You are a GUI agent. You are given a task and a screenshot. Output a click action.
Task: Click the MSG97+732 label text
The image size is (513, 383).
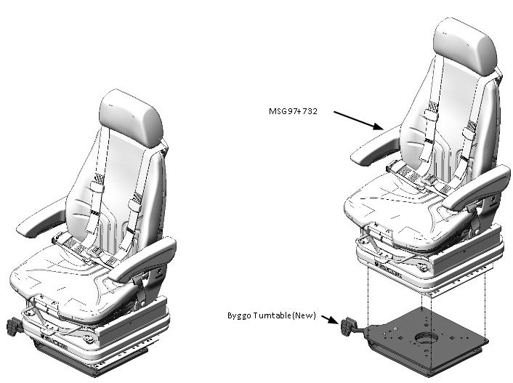(x=293, y=111)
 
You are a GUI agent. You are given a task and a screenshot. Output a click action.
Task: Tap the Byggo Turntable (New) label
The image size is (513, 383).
(x=272, y=315)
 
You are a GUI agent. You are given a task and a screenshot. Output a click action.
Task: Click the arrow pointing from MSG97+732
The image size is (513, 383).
(x=358, y=121)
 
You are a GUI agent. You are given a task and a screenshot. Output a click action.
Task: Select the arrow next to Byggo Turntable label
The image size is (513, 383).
(x=330, y=319)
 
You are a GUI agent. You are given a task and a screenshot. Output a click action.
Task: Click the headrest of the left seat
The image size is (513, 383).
(x=132, y=118)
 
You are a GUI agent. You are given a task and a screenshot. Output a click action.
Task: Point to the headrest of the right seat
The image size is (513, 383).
(x=465, y=47)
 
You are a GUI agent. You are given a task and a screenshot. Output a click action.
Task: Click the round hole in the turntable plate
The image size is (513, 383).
(x=425, y=337)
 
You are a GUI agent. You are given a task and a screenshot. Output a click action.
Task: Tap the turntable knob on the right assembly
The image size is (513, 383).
(x=347, y=326)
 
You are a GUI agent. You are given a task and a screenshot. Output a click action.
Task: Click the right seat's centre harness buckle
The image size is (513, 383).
(x=428, y=179)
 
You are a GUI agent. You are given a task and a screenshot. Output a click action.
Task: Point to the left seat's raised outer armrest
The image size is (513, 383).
(x=41, y=218)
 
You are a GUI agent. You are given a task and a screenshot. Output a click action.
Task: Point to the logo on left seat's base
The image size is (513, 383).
(x=54, y=341)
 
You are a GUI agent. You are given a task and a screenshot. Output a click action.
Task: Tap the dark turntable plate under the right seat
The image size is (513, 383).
(x=425, y=340)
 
